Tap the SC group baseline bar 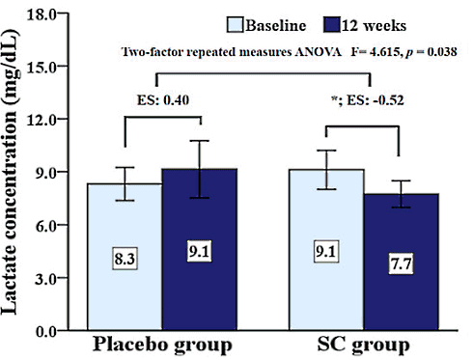(x=326, y=290)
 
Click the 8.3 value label (x=124, y=258)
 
